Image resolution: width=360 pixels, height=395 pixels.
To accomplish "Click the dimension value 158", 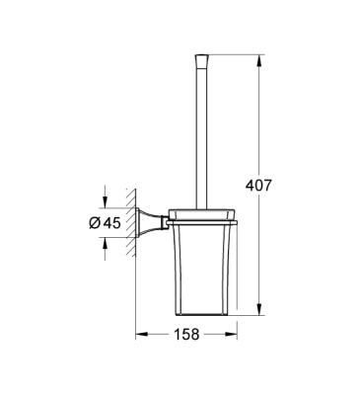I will (x=185, y=334).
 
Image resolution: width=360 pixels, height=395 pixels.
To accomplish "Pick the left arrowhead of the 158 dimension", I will (x=139, y=334).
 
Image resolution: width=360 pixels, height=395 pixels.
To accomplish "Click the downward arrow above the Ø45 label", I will (x=105, y=197).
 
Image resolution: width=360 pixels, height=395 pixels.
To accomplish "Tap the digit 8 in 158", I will (x=196, y=334).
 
